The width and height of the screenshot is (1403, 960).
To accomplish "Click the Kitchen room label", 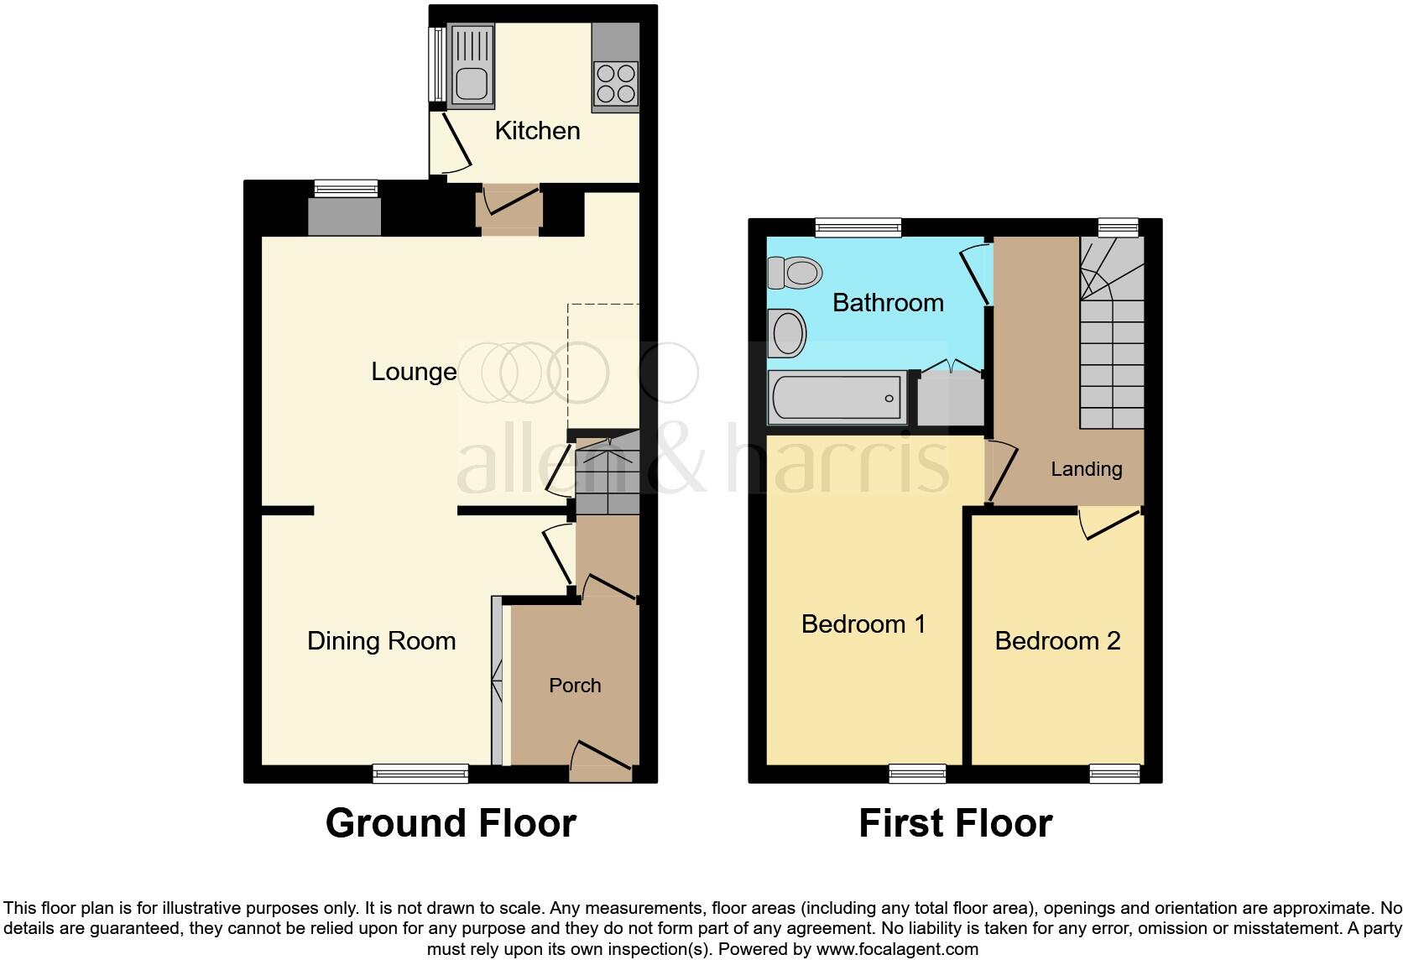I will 537,131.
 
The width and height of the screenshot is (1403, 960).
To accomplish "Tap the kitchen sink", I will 472,66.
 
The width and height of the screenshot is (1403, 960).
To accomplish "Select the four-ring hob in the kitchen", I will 615,83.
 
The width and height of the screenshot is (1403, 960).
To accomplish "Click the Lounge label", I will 414,372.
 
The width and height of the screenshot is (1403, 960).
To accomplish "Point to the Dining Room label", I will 381,641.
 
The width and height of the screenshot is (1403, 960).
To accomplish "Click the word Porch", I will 575,686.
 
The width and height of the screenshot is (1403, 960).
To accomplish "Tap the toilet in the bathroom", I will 794,273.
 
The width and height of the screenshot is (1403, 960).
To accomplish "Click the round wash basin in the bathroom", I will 788,334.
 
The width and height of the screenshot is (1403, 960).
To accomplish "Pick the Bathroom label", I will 888,303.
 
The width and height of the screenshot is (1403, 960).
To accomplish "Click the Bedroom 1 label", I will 863,624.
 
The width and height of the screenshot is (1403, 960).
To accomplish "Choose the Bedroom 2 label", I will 1057,641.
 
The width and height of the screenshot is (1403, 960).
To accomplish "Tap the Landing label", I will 1086,469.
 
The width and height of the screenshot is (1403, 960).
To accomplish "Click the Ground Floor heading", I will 451,823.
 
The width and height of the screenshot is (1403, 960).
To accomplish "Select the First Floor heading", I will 955,823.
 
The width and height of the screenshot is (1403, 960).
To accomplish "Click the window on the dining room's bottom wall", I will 420,774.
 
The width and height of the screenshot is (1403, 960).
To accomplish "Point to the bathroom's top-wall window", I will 858,227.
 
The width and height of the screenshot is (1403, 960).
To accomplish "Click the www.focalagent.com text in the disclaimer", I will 897,950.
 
